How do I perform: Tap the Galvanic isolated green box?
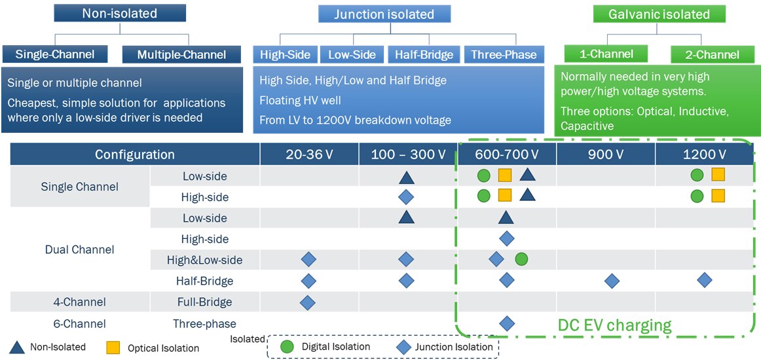(x=659, y=14)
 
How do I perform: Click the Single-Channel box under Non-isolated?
(x=55, y=54)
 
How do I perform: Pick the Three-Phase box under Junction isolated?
(x=504, y=55)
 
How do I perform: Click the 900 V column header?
(x=606, y=154)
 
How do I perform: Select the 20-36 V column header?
(x=309, y=154)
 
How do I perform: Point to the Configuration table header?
(x=135, y=154)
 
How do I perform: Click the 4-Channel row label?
(x=79, y=302)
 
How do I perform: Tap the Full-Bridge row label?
(x=204, y=302)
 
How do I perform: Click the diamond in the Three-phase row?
(x=506, y=323)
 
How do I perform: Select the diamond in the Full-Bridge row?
(x=308, y=302)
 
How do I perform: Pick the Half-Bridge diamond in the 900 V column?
(x=612, y=281)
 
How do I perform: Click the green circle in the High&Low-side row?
(x=521, y=259)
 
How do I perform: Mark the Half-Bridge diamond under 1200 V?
(x=705, y=280)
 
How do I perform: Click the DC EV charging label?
(x=614, y=325)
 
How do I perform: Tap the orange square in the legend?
(x=113, y=347)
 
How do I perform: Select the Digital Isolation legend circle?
(x=287, y=346)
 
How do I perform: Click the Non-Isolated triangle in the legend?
(x=18, y=347)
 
